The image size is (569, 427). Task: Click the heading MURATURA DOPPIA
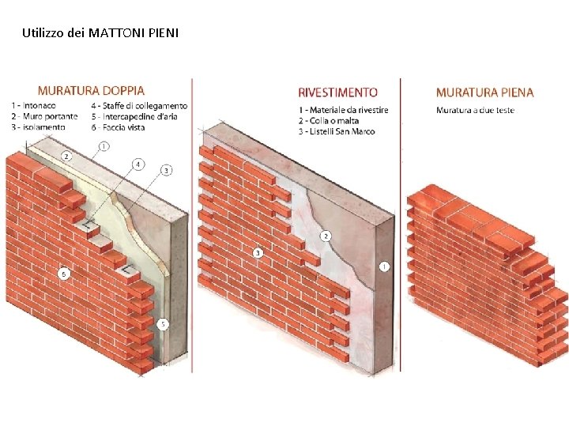coord(91,91)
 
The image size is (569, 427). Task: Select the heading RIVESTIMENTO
coord(337,93)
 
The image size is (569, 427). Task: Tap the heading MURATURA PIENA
coord(484,93)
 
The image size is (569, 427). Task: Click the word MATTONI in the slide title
coord(117,33)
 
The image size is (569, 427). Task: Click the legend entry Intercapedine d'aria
coord(139,116)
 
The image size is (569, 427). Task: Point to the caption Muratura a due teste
coord(475,110)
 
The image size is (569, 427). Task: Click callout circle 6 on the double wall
coord(63,274)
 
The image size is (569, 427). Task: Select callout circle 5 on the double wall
coord(163,324)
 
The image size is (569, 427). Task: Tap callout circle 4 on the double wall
coord(138,164)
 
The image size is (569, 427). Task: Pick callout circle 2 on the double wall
coord(66,157)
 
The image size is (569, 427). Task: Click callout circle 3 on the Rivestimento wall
coord(258,253)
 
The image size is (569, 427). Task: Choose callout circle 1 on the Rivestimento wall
coord(384,266)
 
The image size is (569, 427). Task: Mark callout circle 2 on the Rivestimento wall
coord(326,236)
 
